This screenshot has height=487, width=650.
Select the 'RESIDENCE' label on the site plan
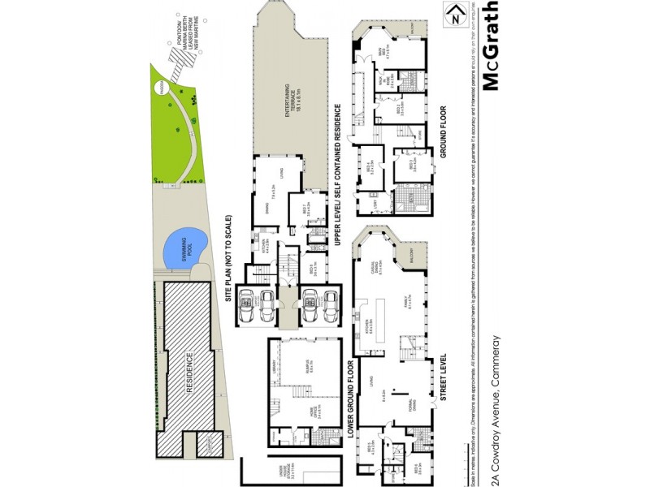tap(188, 372)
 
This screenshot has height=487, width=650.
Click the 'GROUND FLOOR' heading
tap(444, 131)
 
